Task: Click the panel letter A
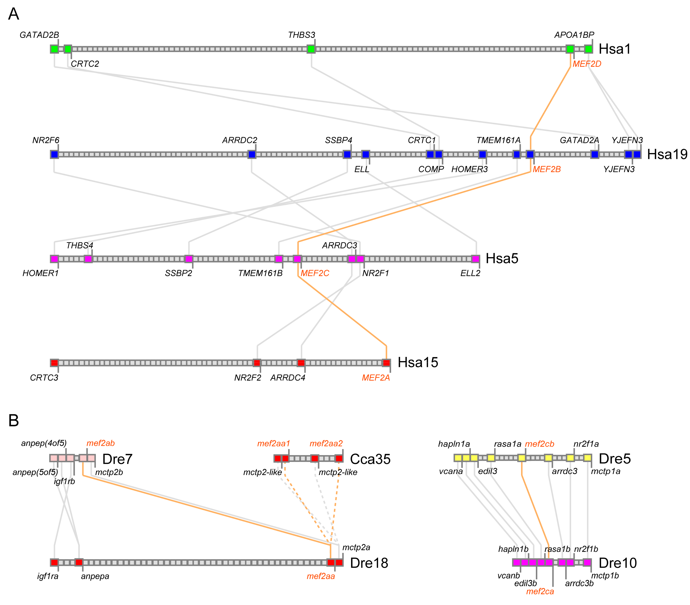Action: tap(14, 14)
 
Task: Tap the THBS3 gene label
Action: tap(301, 35)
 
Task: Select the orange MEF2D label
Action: tap(587, 64)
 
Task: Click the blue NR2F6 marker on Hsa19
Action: tap(54, 154)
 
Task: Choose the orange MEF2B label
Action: tap(547, 169)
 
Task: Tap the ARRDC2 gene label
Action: tap(240, 140)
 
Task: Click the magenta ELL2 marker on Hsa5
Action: tap(475, 259)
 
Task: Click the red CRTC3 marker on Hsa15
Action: tap(54, 363)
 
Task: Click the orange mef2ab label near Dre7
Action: tap(101, 443)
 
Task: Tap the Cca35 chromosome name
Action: tap(370, 459)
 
